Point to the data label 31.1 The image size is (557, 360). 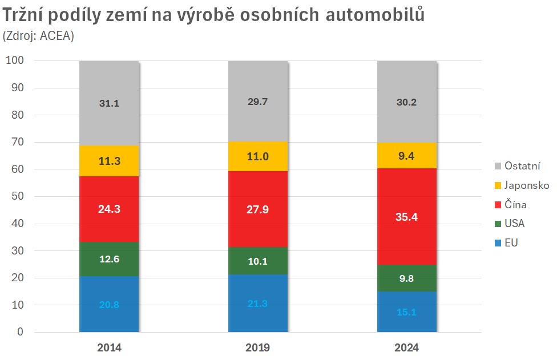109,104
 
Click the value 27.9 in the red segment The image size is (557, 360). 258,209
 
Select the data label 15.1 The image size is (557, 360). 406,312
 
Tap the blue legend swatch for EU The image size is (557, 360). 498,243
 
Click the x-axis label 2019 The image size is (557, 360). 258,347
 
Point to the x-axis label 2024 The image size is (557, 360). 406,347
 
